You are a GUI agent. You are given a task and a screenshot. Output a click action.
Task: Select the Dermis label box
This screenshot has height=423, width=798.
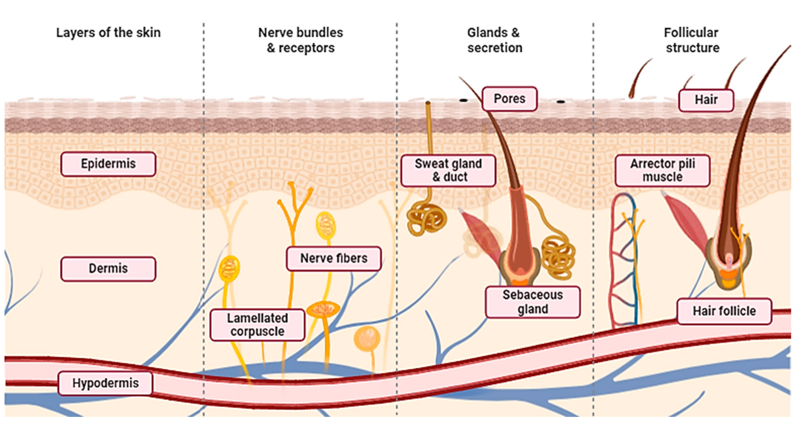108,268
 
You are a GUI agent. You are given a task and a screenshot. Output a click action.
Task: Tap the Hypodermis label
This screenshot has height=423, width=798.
105,383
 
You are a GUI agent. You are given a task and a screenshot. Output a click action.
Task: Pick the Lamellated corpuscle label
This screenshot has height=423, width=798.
257,325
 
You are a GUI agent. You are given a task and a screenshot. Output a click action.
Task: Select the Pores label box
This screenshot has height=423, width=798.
509,99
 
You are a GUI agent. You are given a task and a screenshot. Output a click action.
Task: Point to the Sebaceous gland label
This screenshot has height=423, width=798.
533,302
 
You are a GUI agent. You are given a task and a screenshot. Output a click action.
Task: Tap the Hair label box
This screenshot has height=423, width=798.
706,100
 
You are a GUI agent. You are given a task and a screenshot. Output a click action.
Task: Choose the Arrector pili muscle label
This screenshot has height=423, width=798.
662,170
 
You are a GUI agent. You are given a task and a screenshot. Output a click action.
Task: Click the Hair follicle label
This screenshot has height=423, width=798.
724,311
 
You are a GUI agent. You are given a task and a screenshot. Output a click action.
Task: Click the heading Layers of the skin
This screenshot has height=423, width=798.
108,33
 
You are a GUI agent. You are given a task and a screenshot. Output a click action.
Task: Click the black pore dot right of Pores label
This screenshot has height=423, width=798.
560,101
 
